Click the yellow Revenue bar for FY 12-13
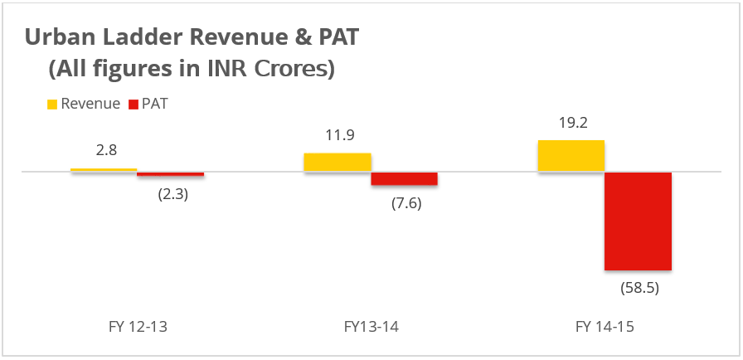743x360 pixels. click(x=104, y=170)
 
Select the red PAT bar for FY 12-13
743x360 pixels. click(x=170, y=174)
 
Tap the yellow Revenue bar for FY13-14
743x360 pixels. click(x=338, y=163)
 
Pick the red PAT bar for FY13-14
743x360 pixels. click(x=404, y=179)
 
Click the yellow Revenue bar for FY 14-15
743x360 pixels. click(x=571, y=156)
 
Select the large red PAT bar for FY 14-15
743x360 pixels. click(x=638, y=221)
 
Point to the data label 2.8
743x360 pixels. click(x=106, y=150)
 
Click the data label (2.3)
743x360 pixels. click(x=172, y=197)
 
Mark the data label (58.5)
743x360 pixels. click(x=639, y=289)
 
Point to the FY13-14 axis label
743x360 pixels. click(x=371, y=327)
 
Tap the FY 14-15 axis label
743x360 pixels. click(x=605, y=327)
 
